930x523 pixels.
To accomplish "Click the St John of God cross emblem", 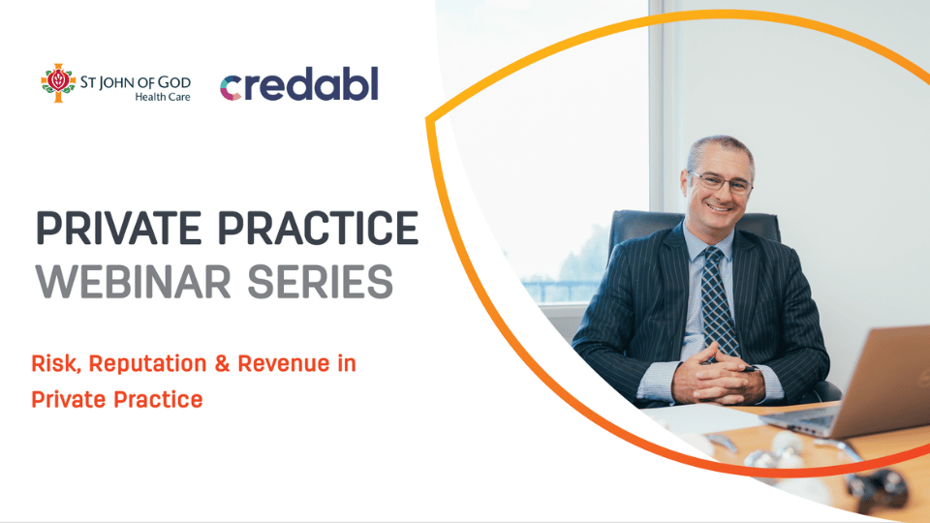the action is [x=58, y=82].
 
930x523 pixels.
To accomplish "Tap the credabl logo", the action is [x=299, y=83].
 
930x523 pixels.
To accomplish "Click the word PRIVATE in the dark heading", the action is [x=118, y=228].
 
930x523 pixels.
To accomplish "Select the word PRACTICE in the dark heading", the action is [x=319, y=228].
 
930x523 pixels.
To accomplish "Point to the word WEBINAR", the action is [x=134, y=282].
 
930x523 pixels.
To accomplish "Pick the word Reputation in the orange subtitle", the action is [x=147, y=364].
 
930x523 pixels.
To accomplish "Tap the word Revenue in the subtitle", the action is [x=284, y=363].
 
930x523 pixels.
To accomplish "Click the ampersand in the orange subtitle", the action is [x=223, y=363].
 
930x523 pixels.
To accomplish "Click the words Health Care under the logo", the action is [x=163, y=97].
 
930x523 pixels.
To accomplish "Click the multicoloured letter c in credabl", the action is [x=232, y=88].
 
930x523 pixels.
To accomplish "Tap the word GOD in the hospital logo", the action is [x=174, y=82].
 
